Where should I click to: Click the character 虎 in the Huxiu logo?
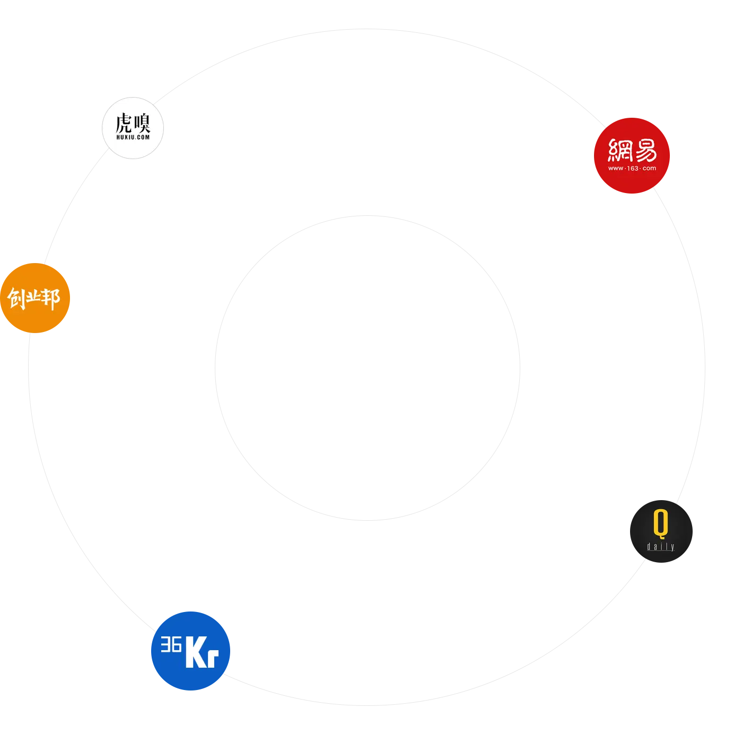(124, 123)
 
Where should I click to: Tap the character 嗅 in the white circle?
(142, 123)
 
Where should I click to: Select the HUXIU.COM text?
(133, 137)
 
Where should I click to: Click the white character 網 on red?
(620, 150)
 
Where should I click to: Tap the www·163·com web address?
(632, 169)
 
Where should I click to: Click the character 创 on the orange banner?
(16, 299)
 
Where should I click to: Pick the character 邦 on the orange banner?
(51, 299)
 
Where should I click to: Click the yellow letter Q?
(661, 523)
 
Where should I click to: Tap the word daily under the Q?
(661, 547)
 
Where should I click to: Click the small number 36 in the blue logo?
(171, 644)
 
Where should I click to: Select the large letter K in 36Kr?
(196, 653)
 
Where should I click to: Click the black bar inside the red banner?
(701, 155)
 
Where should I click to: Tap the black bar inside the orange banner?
(154, 299)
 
